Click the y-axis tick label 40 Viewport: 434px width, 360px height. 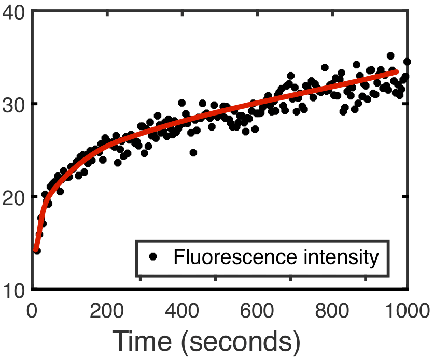15,12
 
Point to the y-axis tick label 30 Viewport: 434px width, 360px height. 15,104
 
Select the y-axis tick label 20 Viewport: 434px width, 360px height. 15,197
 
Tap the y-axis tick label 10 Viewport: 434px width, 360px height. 15,289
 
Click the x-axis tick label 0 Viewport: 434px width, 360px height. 32,312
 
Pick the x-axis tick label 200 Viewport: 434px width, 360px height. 107,312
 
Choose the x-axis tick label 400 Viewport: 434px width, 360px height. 183,312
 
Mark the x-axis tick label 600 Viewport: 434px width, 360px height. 258,312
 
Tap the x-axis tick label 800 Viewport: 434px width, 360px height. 333,312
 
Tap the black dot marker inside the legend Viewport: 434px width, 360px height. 152,256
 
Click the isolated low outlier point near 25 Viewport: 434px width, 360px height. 193,152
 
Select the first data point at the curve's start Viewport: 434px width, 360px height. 36,251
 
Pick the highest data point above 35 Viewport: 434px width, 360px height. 390,55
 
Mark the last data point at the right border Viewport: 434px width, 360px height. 407,62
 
